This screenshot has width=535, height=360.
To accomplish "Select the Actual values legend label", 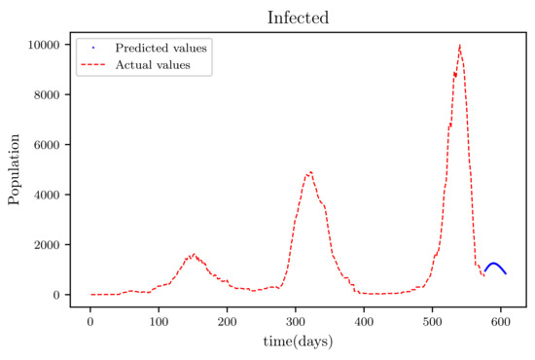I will (152, 65).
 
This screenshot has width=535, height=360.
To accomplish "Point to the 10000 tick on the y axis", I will (44, 45).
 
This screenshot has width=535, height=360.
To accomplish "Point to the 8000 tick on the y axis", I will (48, 94).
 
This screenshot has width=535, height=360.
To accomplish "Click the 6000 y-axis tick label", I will (48, 145).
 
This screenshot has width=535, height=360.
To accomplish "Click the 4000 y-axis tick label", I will (48, 195).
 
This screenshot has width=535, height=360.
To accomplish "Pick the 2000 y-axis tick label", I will (48, 244).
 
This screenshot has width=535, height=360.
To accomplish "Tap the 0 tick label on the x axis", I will (90, 319).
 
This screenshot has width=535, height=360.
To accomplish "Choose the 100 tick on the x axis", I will (159, 319).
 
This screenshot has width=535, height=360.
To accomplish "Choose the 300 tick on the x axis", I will (296, 319).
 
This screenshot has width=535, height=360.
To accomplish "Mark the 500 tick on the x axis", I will (432, 319).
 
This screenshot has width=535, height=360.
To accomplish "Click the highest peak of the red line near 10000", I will (459, 46).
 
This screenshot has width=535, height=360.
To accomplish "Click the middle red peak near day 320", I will (309, 172).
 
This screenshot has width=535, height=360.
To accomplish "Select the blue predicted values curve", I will (494, 264).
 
